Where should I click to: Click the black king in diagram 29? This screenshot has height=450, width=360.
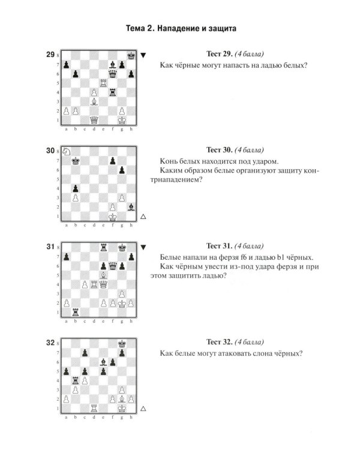pos(131,55)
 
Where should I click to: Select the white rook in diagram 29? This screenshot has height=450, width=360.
pos(103,83)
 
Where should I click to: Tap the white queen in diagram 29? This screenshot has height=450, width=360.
pos(94,120)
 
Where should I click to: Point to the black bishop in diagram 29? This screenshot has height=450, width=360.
pos(113,65)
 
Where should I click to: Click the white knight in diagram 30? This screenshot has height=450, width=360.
pos(67,151)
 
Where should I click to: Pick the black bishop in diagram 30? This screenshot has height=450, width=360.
pos(131,207)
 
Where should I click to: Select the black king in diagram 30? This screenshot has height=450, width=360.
pos(76,161)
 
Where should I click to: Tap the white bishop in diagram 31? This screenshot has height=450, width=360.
pos(103,275)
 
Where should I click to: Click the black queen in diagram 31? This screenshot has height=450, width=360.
pos(113,266)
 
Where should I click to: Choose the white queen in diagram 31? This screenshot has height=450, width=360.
pos(103,284)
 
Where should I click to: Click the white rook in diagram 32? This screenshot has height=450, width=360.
pos(94,408)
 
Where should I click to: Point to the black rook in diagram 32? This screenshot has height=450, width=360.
pos(76,380)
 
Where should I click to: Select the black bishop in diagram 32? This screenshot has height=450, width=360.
pos(103,362)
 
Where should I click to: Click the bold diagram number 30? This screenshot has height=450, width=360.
pos(50,151)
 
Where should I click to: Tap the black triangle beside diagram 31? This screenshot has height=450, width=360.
pos(143,247)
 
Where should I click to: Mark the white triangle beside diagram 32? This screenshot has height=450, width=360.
pos(143,409)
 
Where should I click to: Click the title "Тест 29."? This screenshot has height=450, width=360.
pos(220,54)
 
